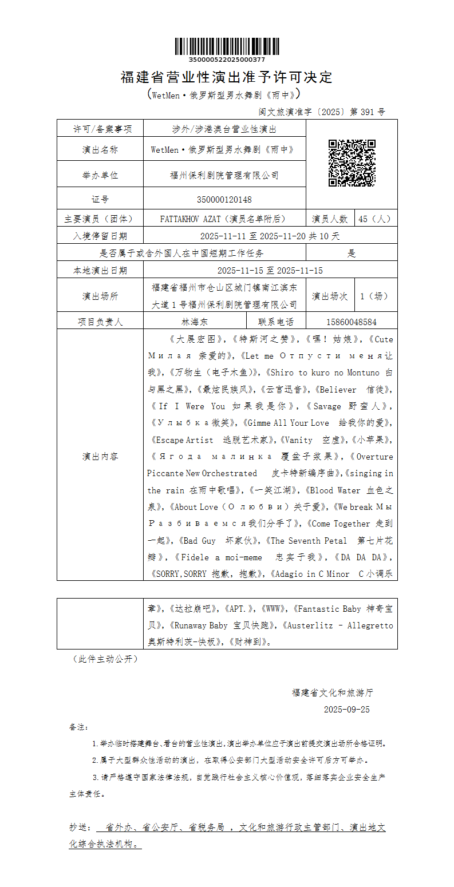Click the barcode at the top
tap(227, 46)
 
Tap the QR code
tap(352, 163)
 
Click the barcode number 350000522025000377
tap(227, 60)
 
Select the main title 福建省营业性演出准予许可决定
tap(227, 77)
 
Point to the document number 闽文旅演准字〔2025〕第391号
tap(322, 112)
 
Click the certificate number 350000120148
tap(224, 199)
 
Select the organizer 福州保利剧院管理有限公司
tap(224, 175)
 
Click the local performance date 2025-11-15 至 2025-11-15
tap(270, 270)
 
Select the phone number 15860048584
tap(352, 322)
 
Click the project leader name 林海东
tap(195, 322)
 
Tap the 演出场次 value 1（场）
tap(374, 296)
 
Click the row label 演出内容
tap(100, 456)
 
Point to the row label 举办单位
tap(100, 175)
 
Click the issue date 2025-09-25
tap(347, 709)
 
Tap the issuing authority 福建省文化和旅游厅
tap(332, 692)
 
